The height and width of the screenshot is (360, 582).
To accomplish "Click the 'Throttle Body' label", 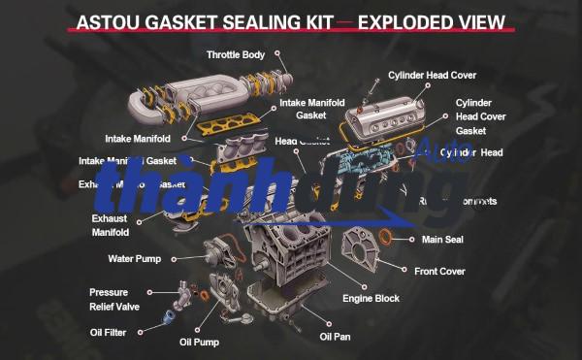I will [236, 54].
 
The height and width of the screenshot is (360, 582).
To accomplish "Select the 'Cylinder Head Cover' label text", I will [432, 75].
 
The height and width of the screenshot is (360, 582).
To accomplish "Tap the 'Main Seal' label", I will [441, 239].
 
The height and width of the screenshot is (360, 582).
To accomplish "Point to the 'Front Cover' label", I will [440, 271].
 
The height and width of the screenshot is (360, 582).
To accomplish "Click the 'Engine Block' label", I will [371, 298].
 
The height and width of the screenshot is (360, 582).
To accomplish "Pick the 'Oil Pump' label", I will [199, 342].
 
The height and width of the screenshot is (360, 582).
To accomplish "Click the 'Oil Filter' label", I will [101, 332].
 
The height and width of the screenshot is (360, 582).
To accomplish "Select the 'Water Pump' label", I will [134, 259].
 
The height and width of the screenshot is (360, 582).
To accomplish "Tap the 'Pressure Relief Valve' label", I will [109, 299].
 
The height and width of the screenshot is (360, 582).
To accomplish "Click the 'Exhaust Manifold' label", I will [110, 225].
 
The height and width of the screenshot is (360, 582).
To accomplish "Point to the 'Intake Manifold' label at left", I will [138, 138].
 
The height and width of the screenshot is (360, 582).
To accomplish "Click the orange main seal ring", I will [385, 238].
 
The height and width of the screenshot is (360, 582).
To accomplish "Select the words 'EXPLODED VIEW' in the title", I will [433, 21].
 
